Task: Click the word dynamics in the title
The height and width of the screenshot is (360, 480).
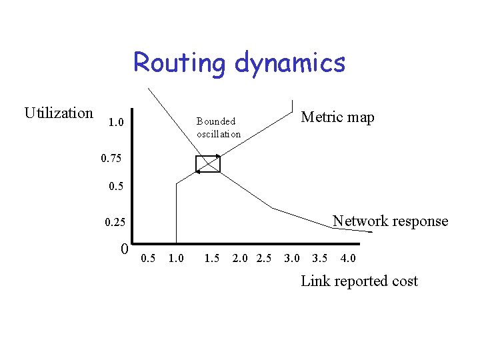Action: [x=290, y=63]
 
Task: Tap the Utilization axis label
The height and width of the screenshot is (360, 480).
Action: [x=59, y=113]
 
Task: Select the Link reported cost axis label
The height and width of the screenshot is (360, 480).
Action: [x=359, y=281]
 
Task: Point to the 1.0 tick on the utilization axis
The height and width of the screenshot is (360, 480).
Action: [x=115, y=124]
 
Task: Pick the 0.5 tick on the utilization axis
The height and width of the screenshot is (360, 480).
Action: [x=116, y=187]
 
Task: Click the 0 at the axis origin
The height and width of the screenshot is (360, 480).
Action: [x=125, y=249]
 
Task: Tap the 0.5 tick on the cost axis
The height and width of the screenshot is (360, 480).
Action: [x=149, y=259]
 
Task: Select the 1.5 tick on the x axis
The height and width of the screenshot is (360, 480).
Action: [x=213, y=259]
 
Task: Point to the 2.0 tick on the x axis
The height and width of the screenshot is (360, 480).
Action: [x=241, y=259]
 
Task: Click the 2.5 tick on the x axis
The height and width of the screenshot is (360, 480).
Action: [x=264, y=259]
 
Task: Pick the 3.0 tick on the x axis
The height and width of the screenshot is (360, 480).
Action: [x=292, y=259]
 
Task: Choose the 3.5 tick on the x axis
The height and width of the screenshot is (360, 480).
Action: [x=320, y=259]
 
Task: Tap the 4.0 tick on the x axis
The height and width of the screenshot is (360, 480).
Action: [x=347, y=259]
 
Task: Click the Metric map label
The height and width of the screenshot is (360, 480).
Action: [x=338, y=118]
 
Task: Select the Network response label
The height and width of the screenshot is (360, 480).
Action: [x=390, y=221]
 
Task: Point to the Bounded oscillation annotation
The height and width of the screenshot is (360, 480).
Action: [x=219, y=127]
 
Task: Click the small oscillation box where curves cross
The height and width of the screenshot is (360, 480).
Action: [x=207, y=163]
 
